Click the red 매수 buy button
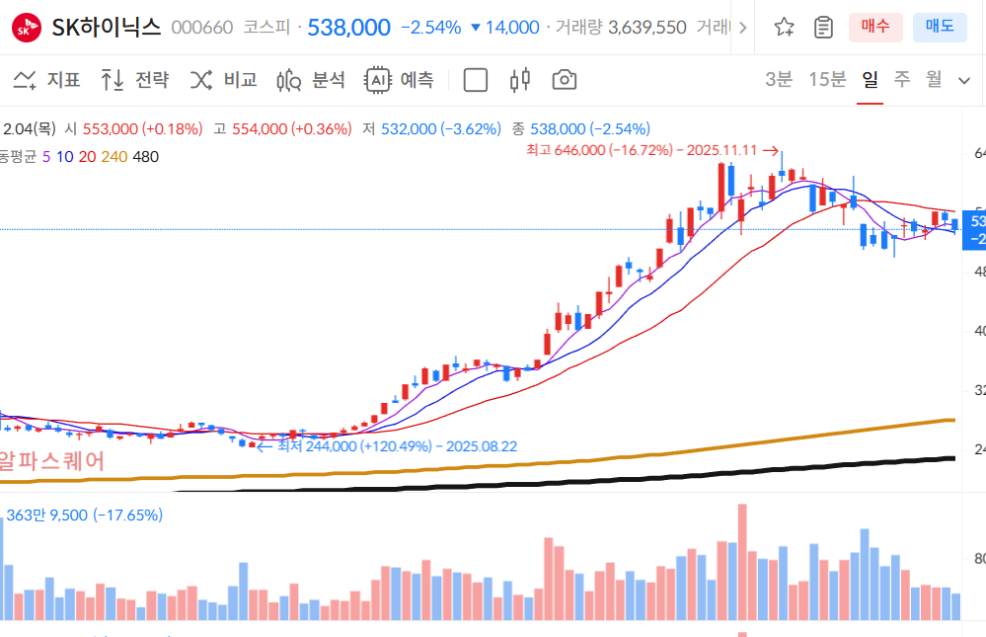click(x=875, y=27)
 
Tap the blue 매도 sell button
click(x=940, y=27)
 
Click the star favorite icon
click(x=785, y=27)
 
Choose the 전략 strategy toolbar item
click(x=135, y=80)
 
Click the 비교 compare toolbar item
click(x=223, y=80)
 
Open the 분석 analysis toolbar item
click(x=311, y=80)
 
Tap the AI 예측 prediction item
click(x=399, y=80)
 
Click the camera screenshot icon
click(x=565, y=80)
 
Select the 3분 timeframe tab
click(x=779, y=79)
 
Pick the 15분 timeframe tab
click(x=827, y=79)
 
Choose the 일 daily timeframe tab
click(x=870, y=79)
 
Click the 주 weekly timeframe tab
click(x=902, y=79)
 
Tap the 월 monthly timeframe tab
click(x=934, y=79)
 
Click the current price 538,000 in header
click(x=348, y=28)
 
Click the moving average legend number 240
click(x=114, y=156)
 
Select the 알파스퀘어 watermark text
click(x=51, y=461)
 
